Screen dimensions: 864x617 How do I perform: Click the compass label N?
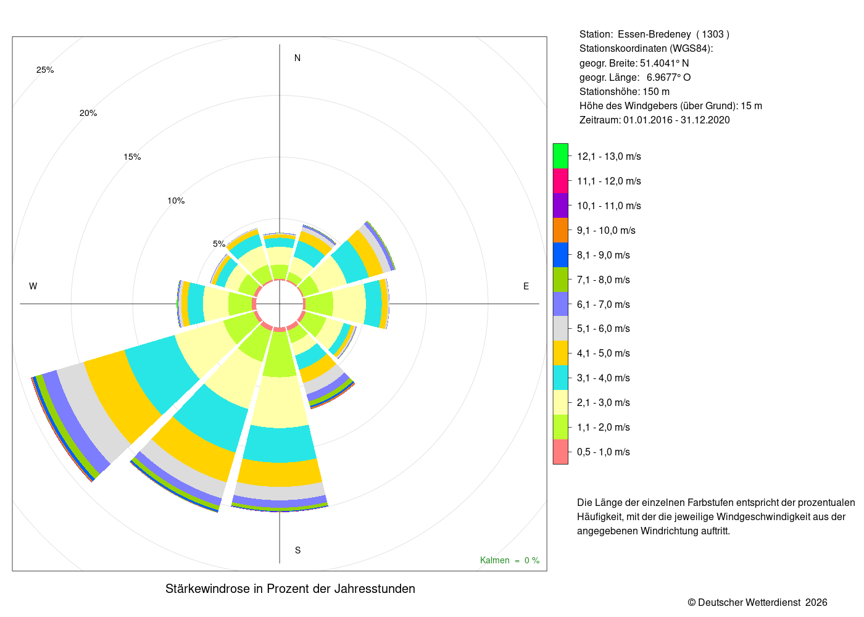click(297, 58)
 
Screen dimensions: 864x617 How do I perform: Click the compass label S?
click(297, 550)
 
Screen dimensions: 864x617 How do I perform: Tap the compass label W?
click(33, 286)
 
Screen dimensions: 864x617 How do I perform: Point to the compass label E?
click(526, 286)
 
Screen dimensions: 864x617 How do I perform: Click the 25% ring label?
click(45, 70)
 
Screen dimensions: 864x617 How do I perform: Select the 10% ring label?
click(176, 201)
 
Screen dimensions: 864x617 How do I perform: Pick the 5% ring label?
click(219, 244)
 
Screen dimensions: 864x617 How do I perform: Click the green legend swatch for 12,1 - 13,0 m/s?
click(560, 156)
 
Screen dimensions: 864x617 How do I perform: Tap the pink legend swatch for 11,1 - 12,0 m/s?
click(560, 181)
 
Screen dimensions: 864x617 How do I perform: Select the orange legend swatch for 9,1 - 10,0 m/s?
click(560, 230)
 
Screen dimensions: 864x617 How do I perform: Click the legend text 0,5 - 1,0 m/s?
click(604, 452)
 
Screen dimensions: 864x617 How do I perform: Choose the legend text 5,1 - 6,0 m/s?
click(604, 328)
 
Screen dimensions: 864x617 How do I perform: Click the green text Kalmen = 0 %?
click(510, 560)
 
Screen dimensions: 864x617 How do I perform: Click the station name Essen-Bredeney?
click(654, 35)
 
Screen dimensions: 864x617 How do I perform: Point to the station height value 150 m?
click(656, 92)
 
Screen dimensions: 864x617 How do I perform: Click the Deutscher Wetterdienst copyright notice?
click(757, 603)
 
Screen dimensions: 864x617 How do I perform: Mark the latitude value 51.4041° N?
click(664, 63)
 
